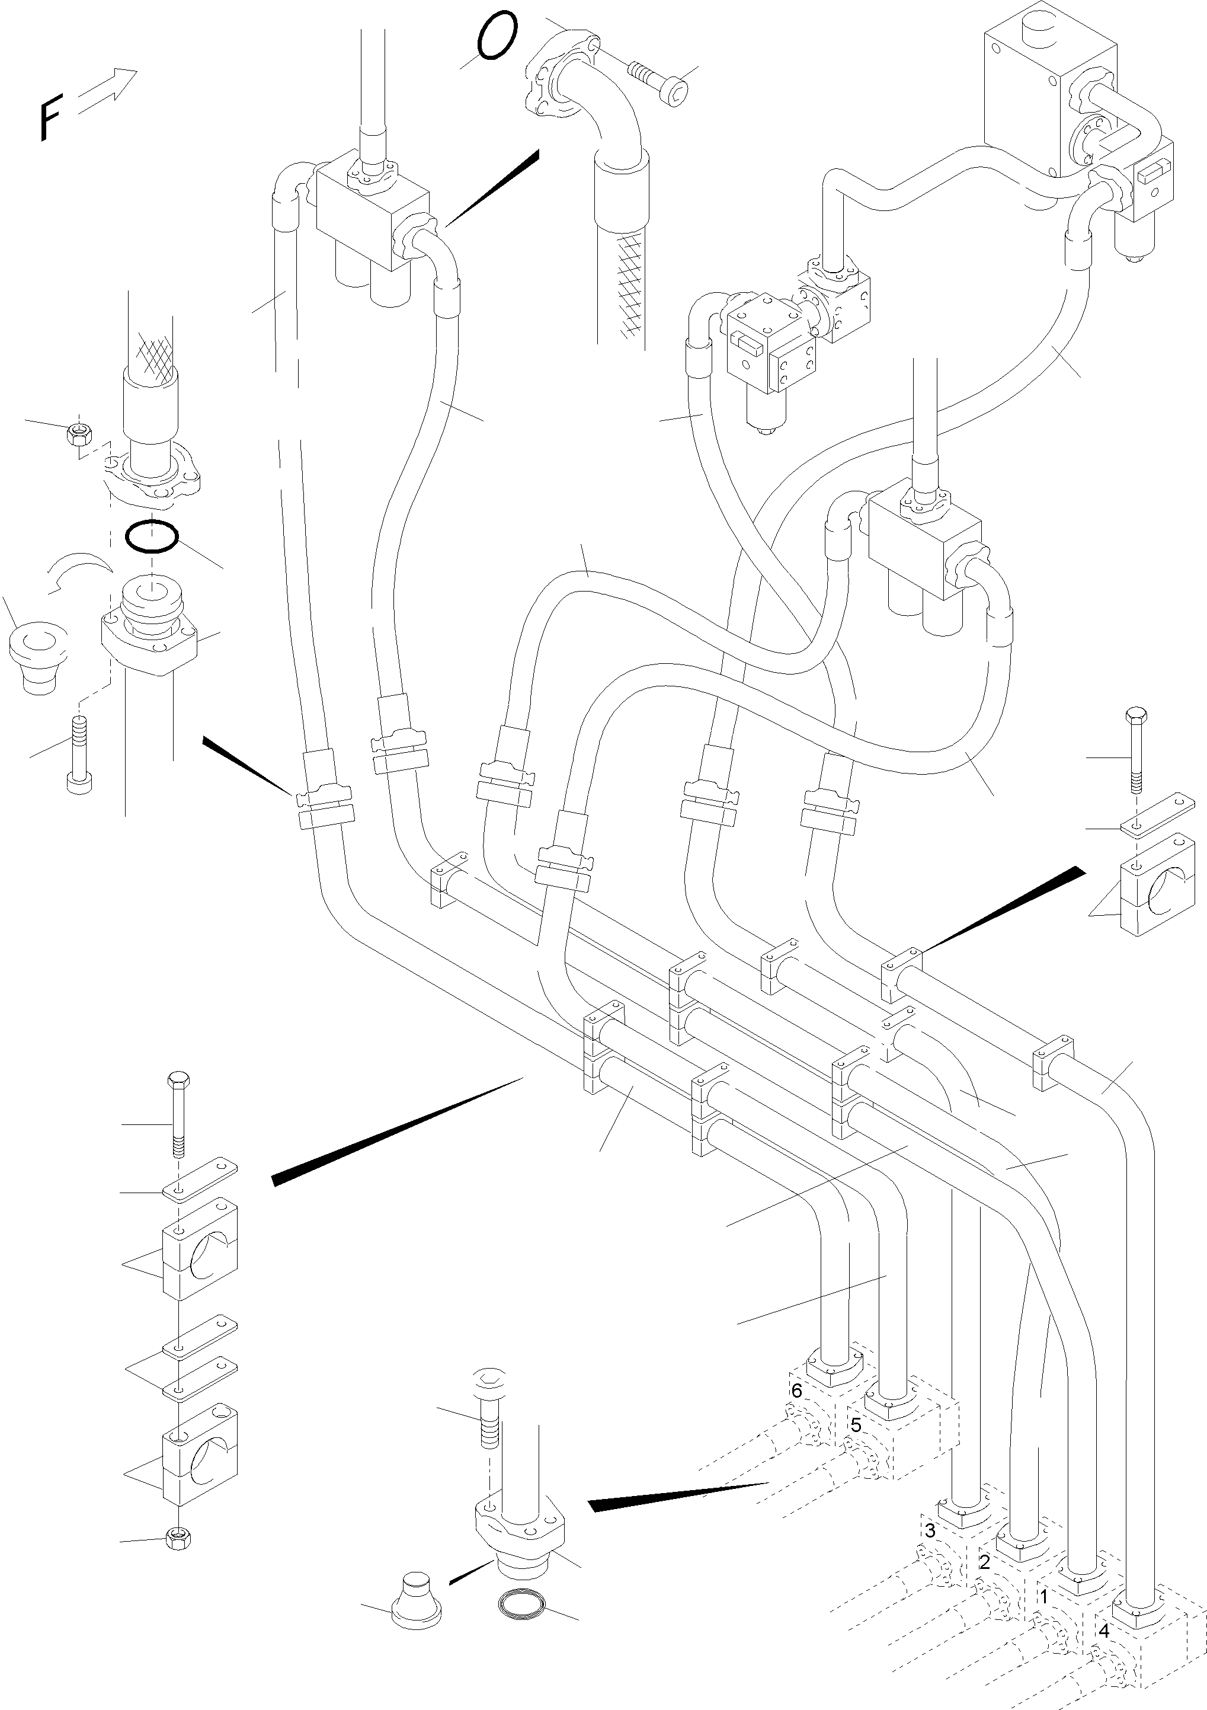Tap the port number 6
[797, 1391]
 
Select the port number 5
[856, 1425]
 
